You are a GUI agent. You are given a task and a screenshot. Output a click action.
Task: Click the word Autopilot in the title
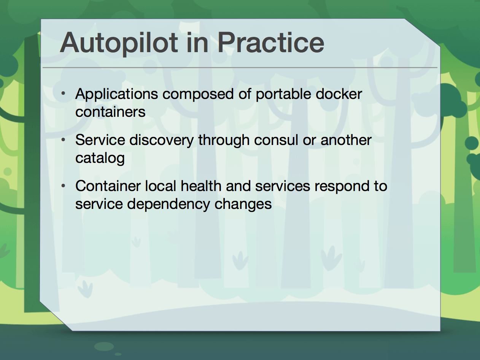(119, 43)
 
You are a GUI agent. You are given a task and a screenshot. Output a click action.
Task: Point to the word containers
(110, 112)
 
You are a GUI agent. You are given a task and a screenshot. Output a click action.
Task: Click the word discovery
(162, 140)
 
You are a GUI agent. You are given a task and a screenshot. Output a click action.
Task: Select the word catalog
(100, 158)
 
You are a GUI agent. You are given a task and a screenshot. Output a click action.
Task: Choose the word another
(346, 140)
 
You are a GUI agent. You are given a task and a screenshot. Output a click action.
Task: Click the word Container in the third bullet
(108, 186)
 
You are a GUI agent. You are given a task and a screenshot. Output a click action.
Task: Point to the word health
(201, 186)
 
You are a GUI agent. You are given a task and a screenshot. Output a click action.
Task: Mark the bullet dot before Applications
(64, 94)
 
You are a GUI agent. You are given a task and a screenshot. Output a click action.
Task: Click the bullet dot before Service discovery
(64, 140)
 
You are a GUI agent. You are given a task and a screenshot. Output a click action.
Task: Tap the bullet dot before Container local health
(64, 186)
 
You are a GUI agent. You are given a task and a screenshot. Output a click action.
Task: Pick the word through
(224, 140)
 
